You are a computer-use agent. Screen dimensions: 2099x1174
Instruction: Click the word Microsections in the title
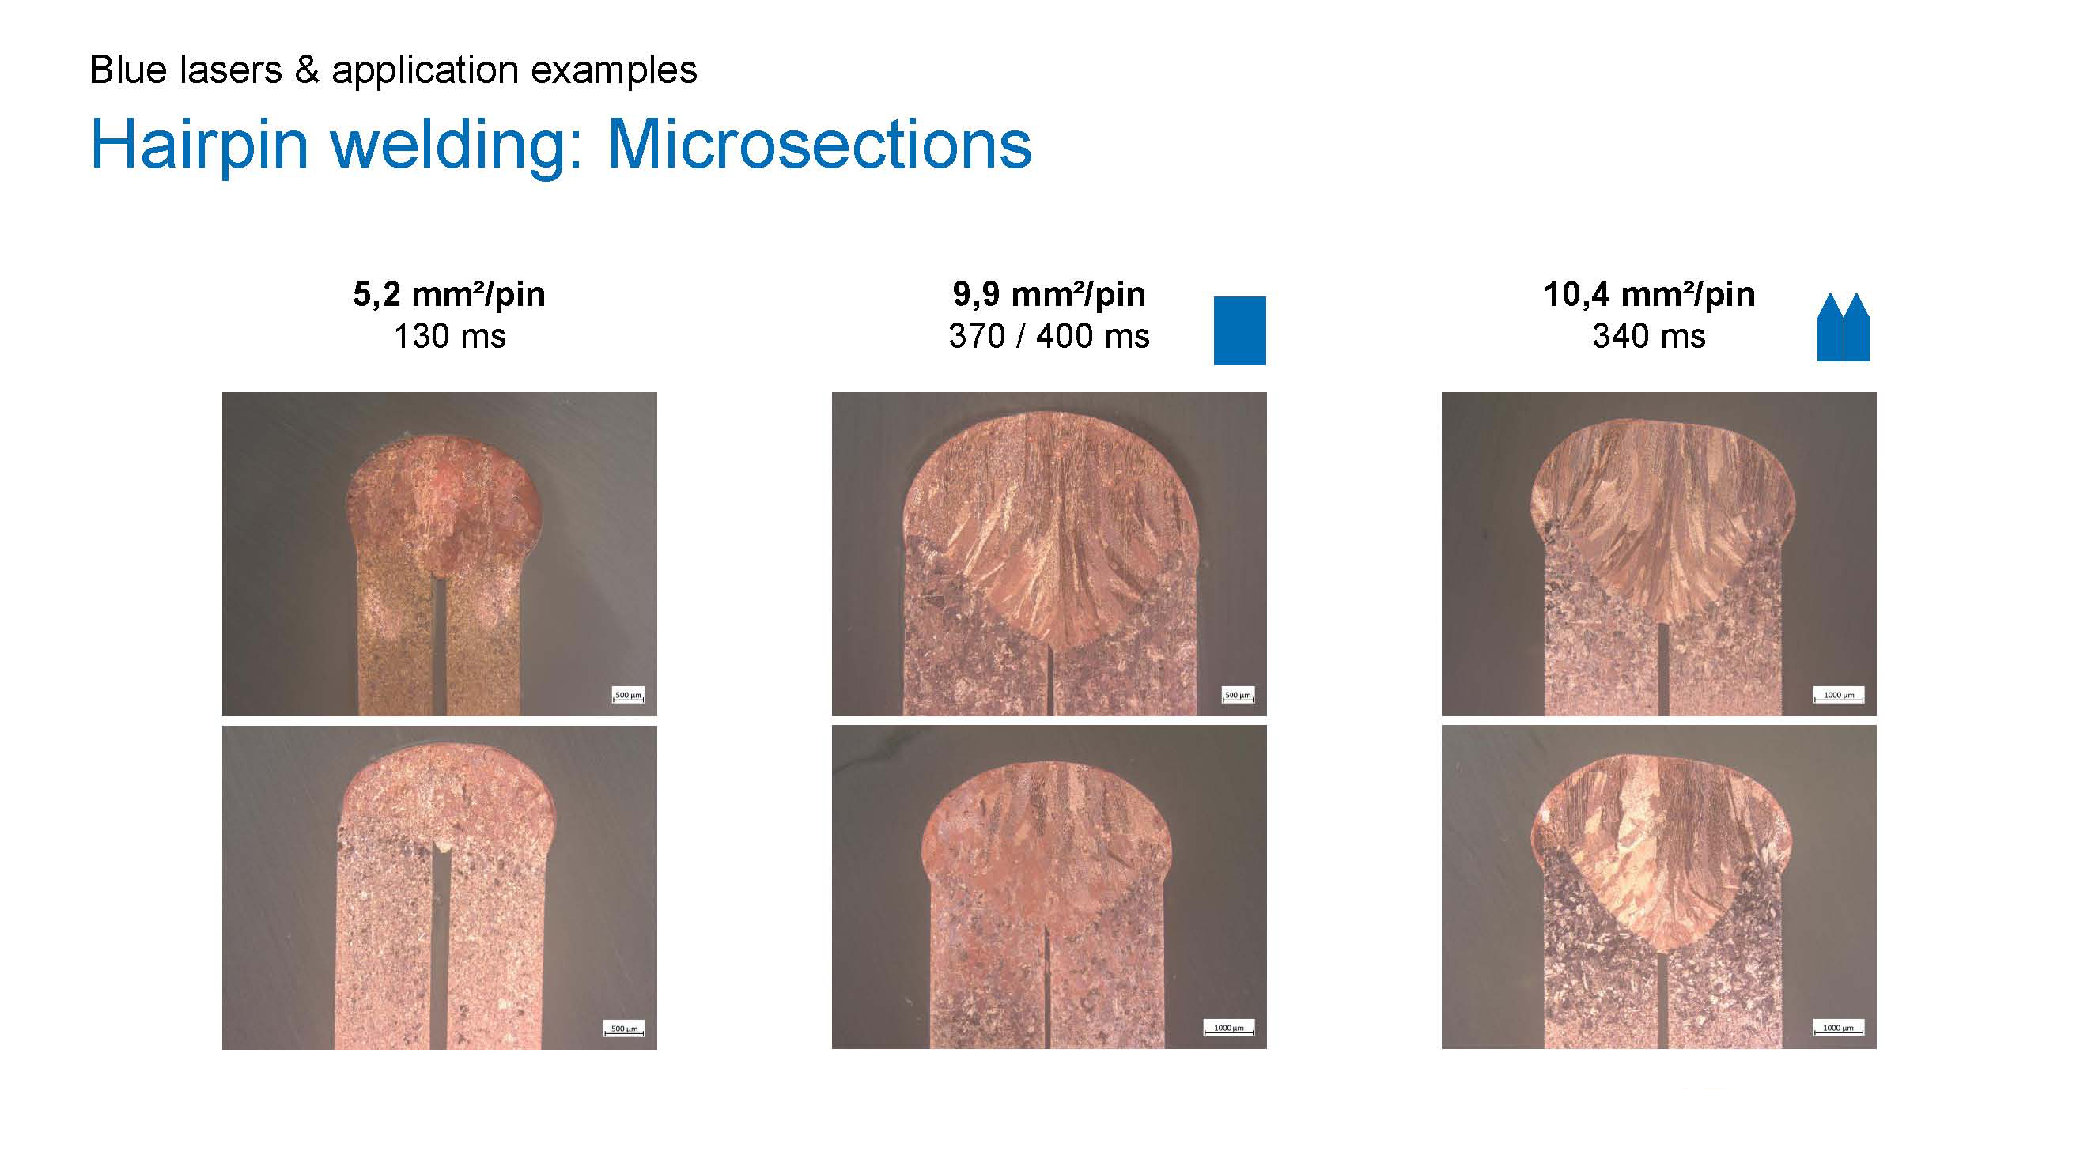pyautogui.click(x=819, y=144)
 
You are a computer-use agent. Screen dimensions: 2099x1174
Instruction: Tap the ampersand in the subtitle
pyautogui.click(x=306, y=70)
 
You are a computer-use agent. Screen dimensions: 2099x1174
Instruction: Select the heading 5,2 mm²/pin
pyautogui.click(x=449, y=294)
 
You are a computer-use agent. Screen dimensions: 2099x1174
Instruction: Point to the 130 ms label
pyautogui.click(x=450, y=336)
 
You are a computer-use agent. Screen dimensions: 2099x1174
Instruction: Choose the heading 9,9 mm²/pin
pyautogui.click(x=1049, y=294)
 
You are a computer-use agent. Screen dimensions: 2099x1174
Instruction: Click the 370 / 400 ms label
pyautogui.click(x=1049, y=336)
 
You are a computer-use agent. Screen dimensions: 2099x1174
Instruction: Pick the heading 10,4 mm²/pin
pyautogui.click(x=1649, y=294)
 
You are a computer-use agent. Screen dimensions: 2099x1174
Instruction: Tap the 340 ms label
pyautogui.click(x=1649, y=336)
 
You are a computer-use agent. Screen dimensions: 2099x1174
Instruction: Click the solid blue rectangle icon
pyautogui.click(x=1239, y=330)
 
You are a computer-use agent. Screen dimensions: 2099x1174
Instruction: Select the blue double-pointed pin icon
pyautogui.click(x=1843, y=327)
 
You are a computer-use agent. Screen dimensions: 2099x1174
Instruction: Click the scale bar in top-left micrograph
pyautogui.click(x=628, y=696)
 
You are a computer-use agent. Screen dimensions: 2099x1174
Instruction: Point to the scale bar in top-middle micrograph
pyautogui.click(x=1238, y=696)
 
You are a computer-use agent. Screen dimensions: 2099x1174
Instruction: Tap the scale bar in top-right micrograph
pyautogui.click(x=1839, y=696)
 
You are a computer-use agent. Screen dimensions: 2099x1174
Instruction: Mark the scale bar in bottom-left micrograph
pyautogui.click(x=624, y=1029)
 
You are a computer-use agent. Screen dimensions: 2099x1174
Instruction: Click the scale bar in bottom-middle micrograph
pyautogui.click(x=1229, y=1029)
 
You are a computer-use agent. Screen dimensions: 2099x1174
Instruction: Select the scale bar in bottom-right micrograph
pyautogui.click(x=1839, y=1029)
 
